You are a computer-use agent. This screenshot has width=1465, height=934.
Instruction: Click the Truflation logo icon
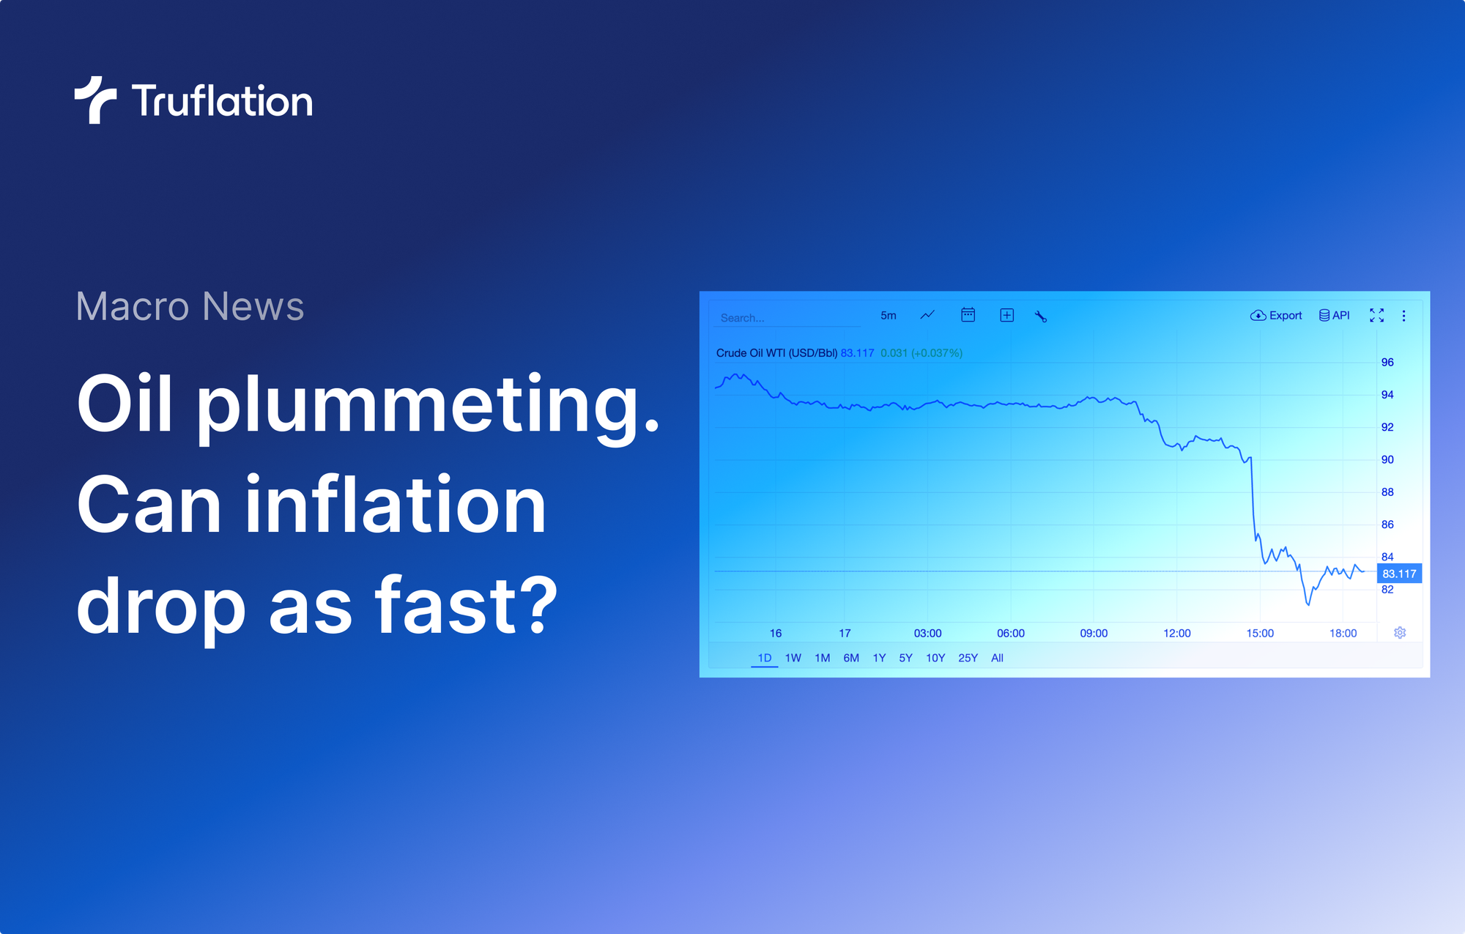[x=95, y=100]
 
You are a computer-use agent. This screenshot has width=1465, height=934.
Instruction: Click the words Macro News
[x=190, y=306]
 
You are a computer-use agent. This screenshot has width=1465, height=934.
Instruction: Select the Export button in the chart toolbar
[x=1276, y=316]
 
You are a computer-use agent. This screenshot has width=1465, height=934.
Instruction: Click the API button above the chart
[x=1335, y=316]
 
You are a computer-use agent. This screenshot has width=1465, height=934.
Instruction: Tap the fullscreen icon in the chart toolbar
[x=1377, y=316]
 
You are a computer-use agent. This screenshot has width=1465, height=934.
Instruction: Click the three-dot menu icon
[x=1403, y=316]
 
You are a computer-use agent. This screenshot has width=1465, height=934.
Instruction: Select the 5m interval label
[x=888, y=316]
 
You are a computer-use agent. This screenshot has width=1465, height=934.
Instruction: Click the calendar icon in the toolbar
[x=968, y=315]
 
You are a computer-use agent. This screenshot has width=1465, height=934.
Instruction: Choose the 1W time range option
[x=793, y=658]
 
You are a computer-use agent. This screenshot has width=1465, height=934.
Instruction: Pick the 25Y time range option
[x=968, y=658]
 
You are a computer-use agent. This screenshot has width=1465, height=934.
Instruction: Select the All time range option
[x=997, y=658]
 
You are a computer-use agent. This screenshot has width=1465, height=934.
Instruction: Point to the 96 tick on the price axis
[x=1387, y=363]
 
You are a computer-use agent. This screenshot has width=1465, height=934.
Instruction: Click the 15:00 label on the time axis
[x=1260, y=633]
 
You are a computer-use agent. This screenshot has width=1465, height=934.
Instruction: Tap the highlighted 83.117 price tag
[x=1399, y=574]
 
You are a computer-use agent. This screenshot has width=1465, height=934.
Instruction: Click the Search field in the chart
[x=784, y=318]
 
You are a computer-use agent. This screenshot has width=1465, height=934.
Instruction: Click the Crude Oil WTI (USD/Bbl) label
[x=776, y=353]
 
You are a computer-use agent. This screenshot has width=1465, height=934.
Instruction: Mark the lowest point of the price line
[x=1308, y=604]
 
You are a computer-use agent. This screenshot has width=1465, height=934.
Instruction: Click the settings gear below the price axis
[x=1400, y=633]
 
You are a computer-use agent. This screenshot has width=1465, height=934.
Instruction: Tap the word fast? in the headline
[x=467, y=606]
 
